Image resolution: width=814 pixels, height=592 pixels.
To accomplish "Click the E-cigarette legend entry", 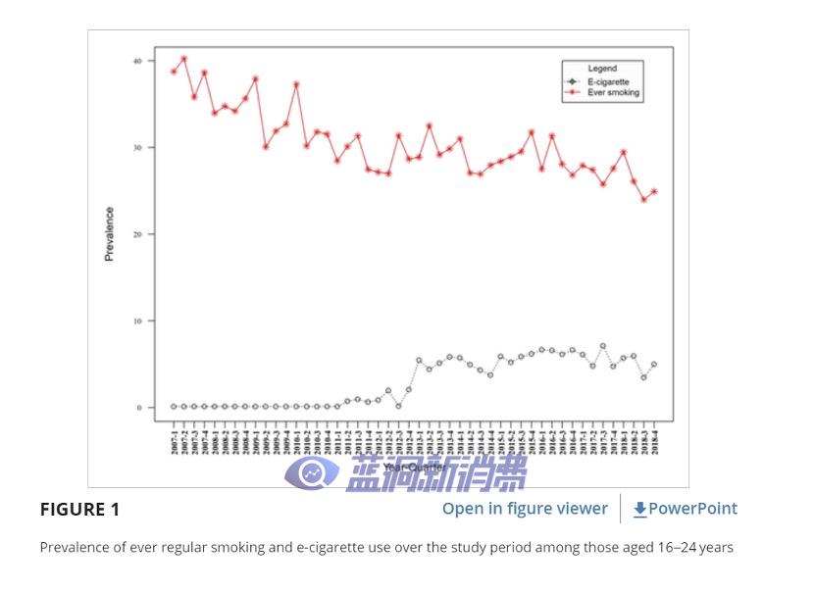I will pyautogui.click(x=608, y=81).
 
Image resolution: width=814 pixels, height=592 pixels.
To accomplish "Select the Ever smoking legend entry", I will pyautogui.click(x=613, y=93).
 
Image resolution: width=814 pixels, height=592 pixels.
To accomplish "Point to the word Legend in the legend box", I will pyautogui.click(x=602, y=70).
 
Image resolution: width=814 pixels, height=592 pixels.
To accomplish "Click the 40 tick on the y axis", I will pyautogui.click(x=138, y=61).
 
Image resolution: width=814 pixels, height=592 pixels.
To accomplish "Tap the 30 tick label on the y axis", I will pyautogui.click(x=138, y=148).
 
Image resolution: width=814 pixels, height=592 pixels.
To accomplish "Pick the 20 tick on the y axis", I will pyautogui.click(x=138, y=234).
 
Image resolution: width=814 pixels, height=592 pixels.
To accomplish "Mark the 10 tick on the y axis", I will pyautogui.click(x=138, y=321).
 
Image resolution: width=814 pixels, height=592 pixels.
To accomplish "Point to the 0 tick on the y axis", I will pyautogui.click(x=139, y=408).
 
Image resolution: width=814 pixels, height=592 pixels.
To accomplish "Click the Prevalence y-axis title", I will pyautogui.click(x=109, y=233).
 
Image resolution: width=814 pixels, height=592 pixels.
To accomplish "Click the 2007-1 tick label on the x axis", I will pyautogui.click(x=174, y=440).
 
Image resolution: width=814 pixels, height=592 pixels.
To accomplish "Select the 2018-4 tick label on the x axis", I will pyautogui.click(x=654, y=440).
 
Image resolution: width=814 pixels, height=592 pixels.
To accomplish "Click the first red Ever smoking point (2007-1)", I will pyautogui.click(x=174, y=71).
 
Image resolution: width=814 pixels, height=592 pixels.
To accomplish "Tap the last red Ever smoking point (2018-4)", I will pyautogui.click(x=654, y=192).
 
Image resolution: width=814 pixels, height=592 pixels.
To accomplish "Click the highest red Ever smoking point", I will pyautogui.click(x=183, y=59).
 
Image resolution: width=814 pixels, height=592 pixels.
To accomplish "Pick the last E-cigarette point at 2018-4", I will pyautogui.click(x=654, y=365).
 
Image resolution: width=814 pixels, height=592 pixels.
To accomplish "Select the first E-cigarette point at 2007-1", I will pyautogui.click(x=174, y=407).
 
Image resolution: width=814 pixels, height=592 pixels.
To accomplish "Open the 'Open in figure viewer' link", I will pyautogui.click(x=525, y=508).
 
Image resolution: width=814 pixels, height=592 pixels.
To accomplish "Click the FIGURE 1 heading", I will pyautogui.click(x=79, y=509).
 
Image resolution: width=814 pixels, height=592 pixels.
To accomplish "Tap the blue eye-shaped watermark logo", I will pyautogui.click(x=312, y=473).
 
